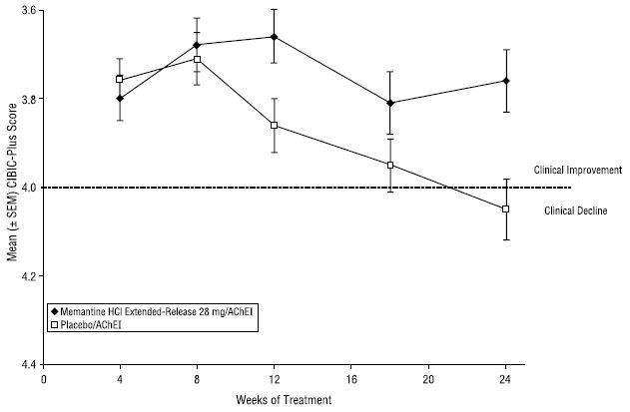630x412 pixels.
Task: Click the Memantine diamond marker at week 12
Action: click(x=275, y=37)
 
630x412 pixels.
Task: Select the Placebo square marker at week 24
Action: click(x=505, y=208)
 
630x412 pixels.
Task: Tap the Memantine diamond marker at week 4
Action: click(x=120, y=98)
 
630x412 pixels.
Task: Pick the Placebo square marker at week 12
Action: click(x=275, y=125)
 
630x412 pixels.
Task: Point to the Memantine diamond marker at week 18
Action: click(x=390, y=103)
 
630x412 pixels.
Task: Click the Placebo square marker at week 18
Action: click(x=390, y=165)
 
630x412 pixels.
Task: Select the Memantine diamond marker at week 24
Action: click(x=505, y=81)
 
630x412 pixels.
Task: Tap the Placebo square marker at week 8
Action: click(x=198, y=59)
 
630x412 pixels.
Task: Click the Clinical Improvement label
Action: click(x=578, y=171)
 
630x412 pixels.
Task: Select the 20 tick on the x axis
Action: click(x=428, y=379)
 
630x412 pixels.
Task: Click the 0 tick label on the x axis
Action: click(x=44, y=379)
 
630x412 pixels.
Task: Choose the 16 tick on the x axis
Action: click(x=351, y=379)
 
